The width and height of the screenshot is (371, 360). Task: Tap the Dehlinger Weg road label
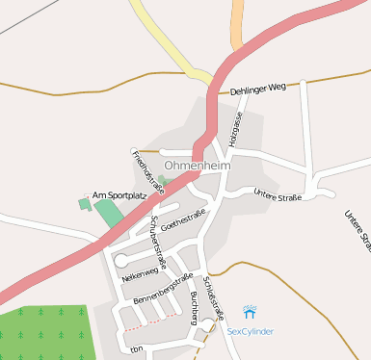(x=259, y=89)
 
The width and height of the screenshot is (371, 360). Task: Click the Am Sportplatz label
(x=119, y=195)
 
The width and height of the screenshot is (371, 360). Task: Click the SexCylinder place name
(x=251, y=331)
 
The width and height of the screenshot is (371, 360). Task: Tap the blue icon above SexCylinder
(x=251, y=312)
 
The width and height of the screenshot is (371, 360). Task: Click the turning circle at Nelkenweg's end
(x=121, y=260)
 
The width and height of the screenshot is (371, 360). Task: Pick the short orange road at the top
(x=237, y=23)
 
